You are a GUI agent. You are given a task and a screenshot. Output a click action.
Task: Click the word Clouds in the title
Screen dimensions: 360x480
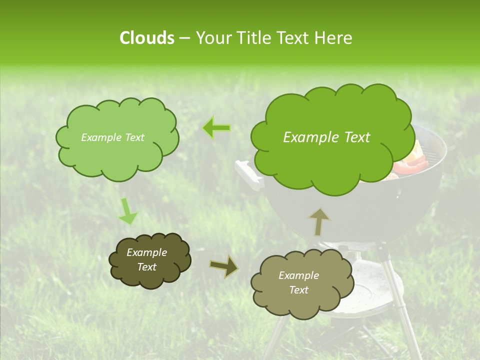click(x=147, y=38)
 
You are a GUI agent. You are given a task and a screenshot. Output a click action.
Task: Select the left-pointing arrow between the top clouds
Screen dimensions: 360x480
click(x=216, y=128)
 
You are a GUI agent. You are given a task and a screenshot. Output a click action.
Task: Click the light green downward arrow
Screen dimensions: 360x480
click(x=127, y=211)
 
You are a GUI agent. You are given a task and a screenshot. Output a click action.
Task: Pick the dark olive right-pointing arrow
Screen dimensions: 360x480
click(x=223, y=266)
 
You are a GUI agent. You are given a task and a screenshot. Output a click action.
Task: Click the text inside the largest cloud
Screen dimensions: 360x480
click(x=326, y=137)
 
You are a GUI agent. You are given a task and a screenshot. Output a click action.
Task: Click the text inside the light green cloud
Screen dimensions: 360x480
click(x=112, y=137)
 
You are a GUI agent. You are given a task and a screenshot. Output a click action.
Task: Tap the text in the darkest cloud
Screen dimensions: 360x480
click(x=146, y=259)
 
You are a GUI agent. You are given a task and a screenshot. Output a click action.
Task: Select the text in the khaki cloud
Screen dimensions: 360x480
click(x=298, y=282)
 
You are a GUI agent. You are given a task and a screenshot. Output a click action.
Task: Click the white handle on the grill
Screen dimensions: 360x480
click(x=248, y=175)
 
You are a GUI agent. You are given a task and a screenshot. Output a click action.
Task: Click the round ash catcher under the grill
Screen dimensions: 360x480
click(x=365, y=290)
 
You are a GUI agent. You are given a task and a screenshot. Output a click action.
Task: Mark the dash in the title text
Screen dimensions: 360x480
click(x=184, y=38)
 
